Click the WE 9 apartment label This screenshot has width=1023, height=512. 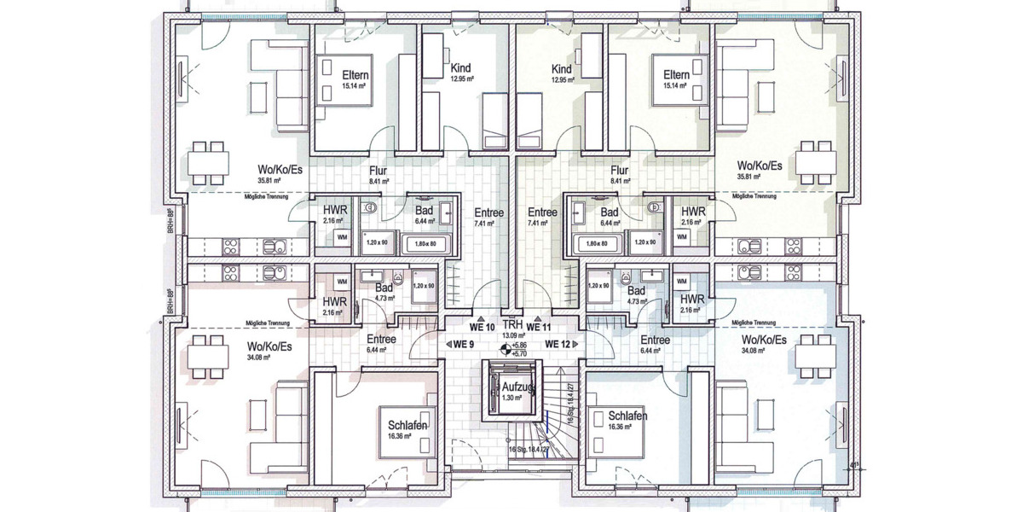463,344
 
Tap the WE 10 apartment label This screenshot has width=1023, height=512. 483,327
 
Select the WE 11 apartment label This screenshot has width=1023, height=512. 540,327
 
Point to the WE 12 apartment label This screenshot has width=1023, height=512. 558,344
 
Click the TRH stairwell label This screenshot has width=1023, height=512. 511,326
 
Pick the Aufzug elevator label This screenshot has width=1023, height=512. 511,387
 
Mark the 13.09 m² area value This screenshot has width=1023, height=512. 511,335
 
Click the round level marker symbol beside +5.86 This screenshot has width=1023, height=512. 505,348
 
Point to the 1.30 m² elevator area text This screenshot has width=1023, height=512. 511,398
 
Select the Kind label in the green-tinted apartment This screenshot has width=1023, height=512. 561,69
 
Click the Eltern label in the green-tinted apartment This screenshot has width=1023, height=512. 676,75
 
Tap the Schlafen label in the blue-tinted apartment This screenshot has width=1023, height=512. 627,416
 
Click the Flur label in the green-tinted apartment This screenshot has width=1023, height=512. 620,171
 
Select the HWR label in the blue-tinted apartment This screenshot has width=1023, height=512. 692,300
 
